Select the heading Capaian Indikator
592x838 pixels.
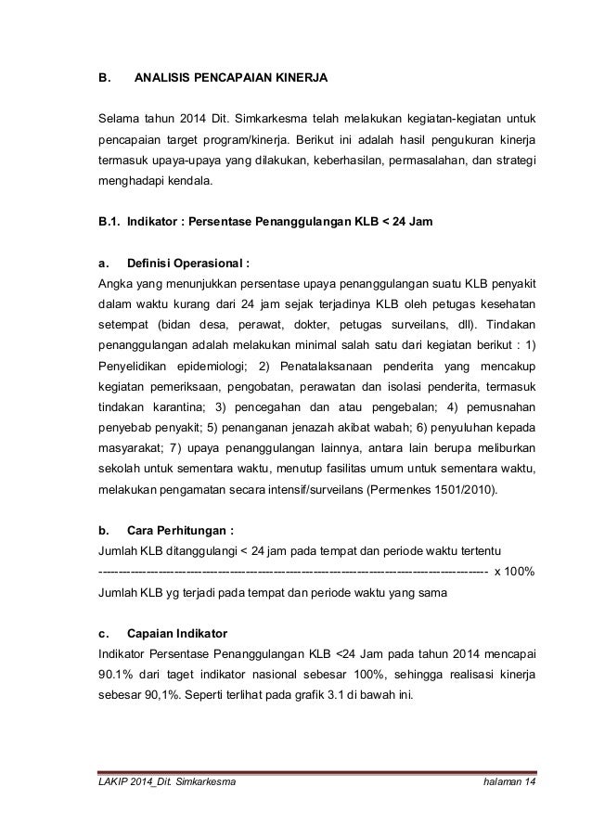point(180,634)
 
